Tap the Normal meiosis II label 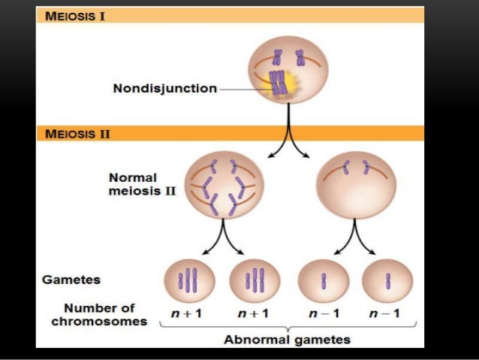coord(132,184)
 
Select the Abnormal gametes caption coord(287,340)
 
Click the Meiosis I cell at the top coord(288,71)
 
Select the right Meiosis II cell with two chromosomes coord(355,185)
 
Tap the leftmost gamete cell coord(189,281)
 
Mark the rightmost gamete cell coord(387,281)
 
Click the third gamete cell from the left coord(324,281)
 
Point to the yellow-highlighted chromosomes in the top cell coord(279,83)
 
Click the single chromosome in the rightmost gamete coord(388,280)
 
